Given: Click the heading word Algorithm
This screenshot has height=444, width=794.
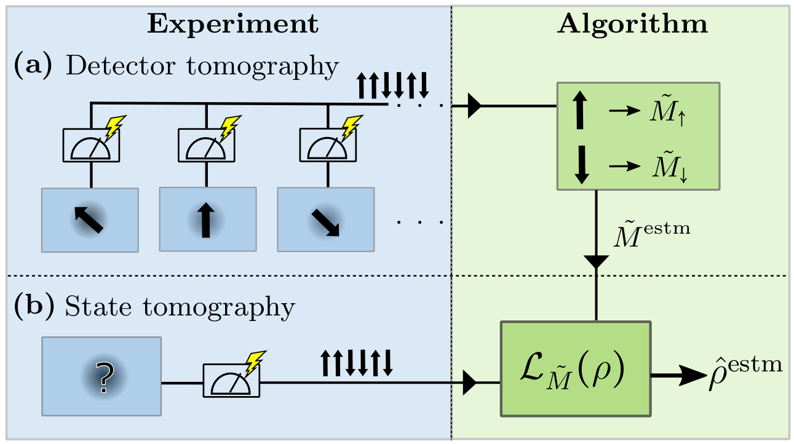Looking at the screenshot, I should tap(633, 24).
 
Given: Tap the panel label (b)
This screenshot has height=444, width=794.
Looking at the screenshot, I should tap(33, 306).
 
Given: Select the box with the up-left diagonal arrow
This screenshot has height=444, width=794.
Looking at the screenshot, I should tap(90, 220).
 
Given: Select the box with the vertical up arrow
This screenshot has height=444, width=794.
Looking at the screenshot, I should tap(207, 220).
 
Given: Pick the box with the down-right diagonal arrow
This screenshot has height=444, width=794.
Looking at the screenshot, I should tap(325, 220).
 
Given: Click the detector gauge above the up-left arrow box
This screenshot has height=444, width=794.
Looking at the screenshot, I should tap(91, 146).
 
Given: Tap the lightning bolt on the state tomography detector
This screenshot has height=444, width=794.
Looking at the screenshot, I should tap(254, 363).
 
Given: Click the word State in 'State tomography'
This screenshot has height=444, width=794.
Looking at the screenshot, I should tap(95, 306).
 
